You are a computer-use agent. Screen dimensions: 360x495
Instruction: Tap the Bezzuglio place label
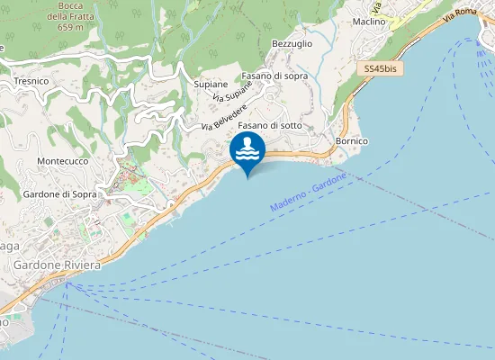(291, 43)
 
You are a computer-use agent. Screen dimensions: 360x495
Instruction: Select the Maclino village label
(369, 21)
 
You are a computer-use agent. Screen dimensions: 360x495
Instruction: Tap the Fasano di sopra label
(274, 76)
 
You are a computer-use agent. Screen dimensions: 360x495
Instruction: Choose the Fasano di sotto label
(270, 125)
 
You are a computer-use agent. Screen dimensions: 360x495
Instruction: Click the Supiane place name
(210, 84)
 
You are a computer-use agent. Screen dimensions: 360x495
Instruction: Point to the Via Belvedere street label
(224, 114)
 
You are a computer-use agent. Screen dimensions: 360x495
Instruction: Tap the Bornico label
(351, 141)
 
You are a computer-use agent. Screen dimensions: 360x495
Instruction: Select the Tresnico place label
(31, 81)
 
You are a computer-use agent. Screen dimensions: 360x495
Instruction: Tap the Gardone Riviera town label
(56, 265)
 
